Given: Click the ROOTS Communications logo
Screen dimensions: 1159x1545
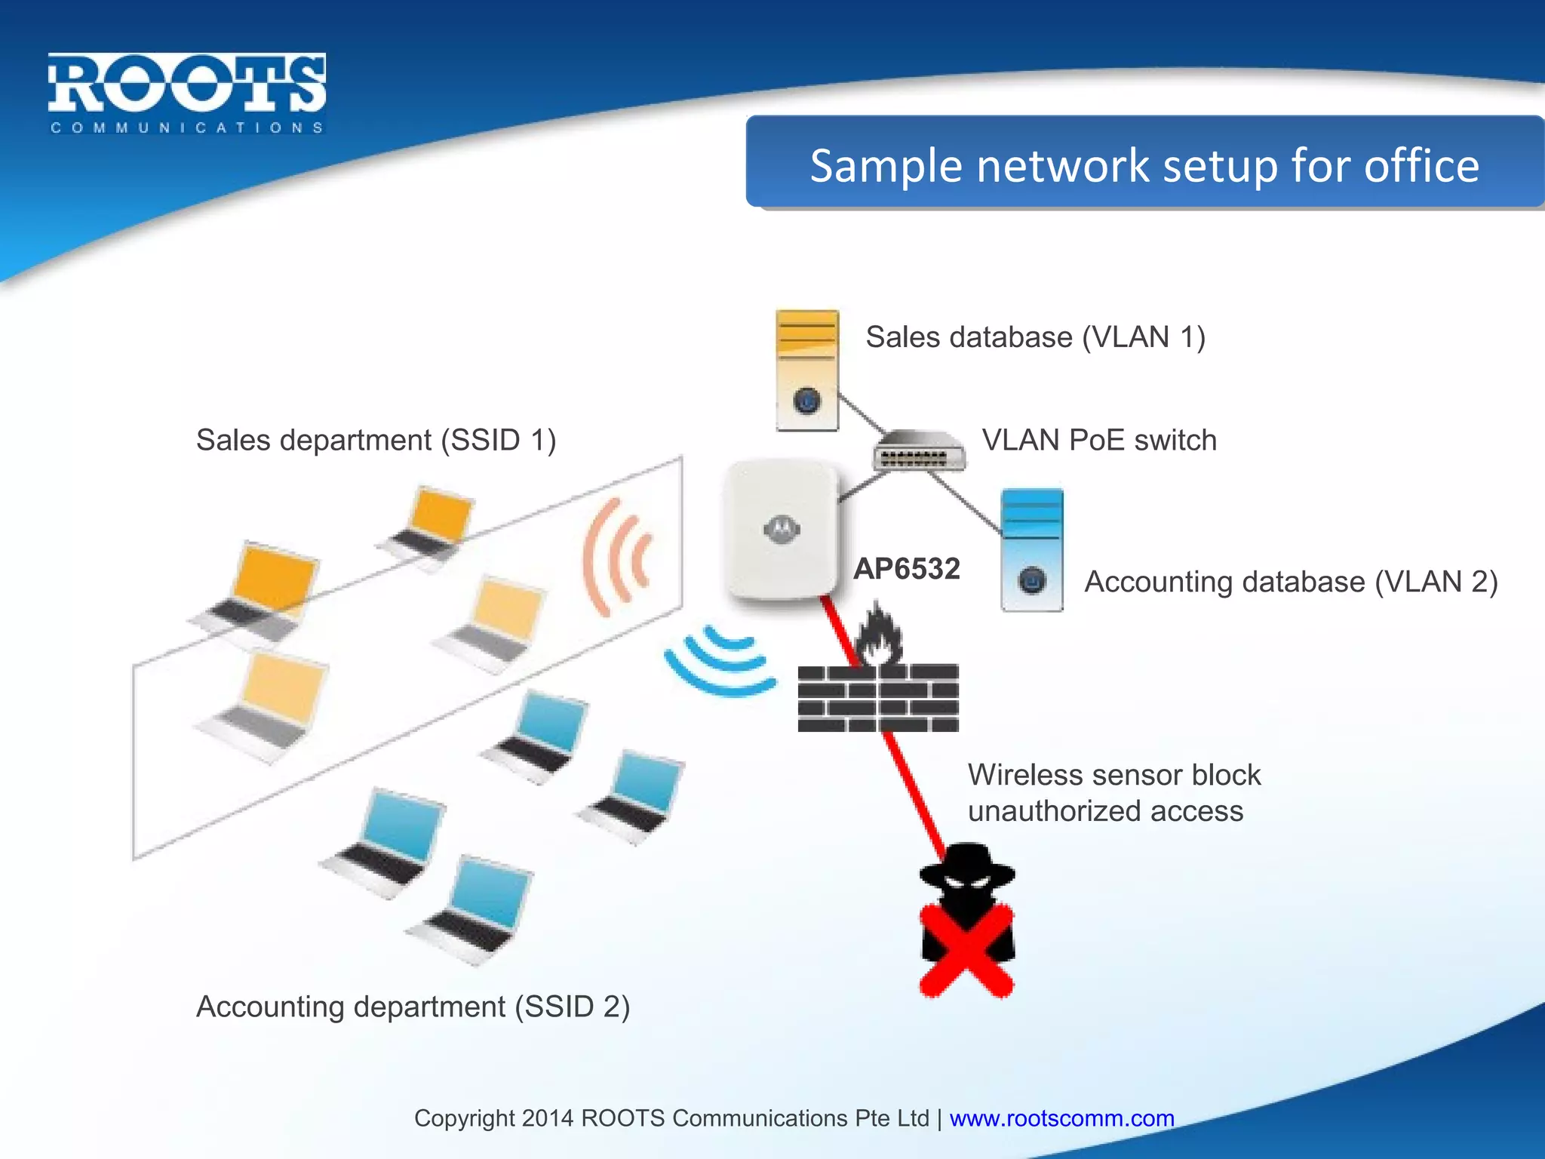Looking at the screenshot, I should (186, 92).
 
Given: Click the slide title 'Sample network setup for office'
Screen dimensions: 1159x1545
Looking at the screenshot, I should (1144, 165).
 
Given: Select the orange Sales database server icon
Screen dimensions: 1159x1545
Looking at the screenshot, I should (806, 370).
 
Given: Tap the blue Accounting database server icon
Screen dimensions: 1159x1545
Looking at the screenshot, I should (1031, 549).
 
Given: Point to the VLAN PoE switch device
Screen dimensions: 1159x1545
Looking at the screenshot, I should (919, 451).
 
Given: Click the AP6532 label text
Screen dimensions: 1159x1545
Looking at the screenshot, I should (906, 569).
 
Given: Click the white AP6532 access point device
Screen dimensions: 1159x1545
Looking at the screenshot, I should (781, 530).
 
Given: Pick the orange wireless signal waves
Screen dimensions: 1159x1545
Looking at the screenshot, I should (617, 557).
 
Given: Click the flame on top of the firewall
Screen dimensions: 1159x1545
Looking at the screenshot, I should (878, 635).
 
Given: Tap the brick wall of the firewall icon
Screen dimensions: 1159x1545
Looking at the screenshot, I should (878, 699).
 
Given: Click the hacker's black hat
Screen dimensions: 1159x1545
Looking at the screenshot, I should (967, 864).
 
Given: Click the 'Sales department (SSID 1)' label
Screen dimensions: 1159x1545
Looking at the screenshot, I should (376, 440).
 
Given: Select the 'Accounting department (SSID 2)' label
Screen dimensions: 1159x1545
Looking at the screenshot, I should (413, 1007).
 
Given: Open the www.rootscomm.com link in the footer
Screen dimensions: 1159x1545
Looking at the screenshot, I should (1061, 1118).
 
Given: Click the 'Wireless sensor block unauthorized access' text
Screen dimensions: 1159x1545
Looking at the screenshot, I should (1113, 793).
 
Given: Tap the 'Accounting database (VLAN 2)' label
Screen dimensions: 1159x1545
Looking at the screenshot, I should (1290, 582).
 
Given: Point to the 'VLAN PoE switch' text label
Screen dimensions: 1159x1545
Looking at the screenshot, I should (1099, 440).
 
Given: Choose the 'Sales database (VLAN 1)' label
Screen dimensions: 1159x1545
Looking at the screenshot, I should (1035, 337).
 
